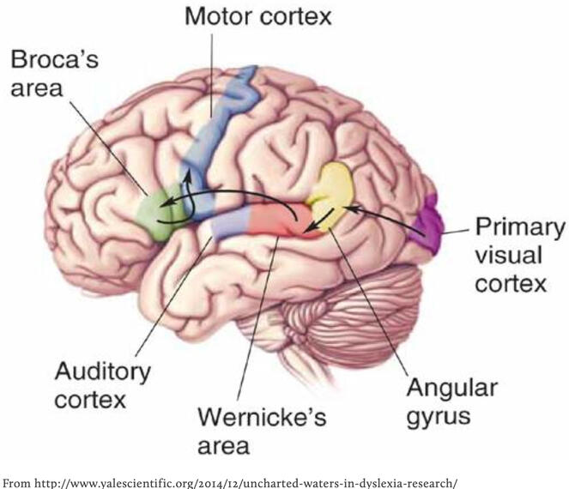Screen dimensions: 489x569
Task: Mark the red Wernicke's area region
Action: [x=273, y=222]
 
